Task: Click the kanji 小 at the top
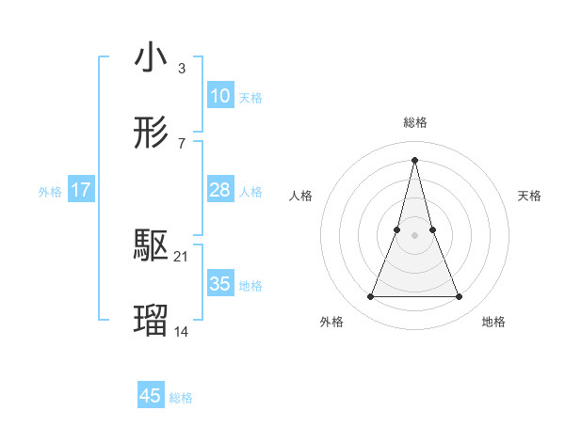click(x=152, y=58)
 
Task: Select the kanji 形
click(x=152, y=133)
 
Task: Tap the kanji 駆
click(x=152, y=246)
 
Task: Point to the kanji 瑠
click(x=152, y=321)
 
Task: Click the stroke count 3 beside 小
click(x=181, y=69)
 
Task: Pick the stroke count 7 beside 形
click(x=181, y=143)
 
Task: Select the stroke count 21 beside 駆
click(x=182, y=257)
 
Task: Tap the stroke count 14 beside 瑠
click(x=182, y=331)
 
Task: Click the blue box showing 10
click(x=219, y=96)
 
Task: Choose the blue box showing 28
click(x=219, y=190)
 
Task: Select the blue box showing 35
click(x=219, y=284)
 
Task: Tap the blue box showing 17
click(x=81, y=190)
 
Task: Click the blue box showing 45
click(x=151, y=396)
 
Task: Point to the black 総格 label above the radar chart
click(x=415, y=123)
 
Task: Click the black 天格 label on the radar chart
click(x=529, y=196)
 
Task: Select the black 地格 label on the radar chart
click(x=493, y=323)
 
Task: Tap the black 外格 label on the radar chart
click(x=331, y=323)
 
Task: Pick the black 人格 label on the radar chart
click(x=300, y=196)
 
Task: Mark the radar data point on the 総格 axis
click(x=415, y=159)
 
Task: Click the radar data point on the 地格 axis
click(x=460, y=297)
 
